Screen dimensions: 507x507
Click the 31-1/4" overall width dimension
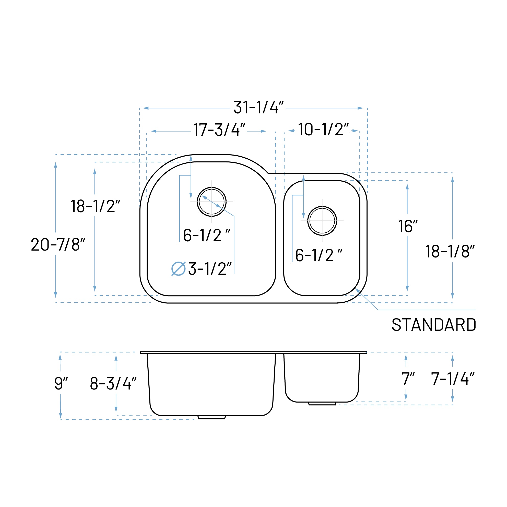click(x=258, y=107)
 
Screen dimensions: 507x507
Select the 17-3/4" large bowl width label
click(x=219, y=130)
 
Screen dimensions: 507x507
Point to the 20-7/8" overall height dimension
click(x=58, y=244)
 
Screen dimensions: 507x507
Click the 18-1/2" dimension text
click(x=95, y=206)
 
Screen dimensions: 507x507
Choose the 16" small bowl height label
click(x=408, y=226)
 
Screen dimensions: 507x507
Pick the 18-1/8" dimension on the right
click(x=450, y=251)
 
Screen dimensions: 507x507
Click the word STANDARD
click(x=433, y=325)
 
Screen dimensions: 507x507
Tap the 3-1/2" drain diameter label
click(x=209, y=269)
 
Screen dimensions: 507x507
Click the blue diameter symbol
click(x=179, y=269)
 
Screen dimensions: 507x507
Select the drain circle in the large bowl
click(x=211, y=202)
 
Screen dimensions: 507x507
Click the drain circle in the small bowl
click(x=322, y=221)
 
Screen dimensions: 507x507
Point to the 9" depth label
click(x=61, y=383)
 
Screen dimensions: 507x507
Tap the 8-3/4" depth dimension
click(x=113, y=383)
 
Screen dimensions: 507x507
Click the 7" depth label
click(x=408, y=379)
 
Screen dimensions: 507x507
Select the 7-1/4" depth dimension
click(x=452, y=379)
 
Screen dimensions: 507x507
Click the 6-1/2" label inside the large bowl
click(x=207, y=235)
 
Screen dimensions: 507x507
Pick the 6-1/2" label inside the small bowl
click(x=319, y=255)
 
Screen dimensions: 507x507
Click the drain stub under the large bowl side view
click(x=211, y=417)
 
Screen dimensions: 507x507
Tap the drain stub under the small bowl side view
click(x=322, y=403)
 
